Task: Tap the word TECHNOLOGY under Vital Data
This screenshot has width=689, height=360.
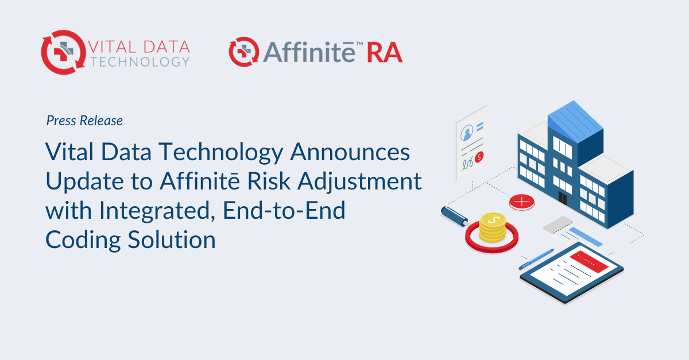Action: click(138, 61)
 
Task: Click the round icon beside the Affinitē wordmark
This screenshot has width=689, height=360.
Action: click(241, 52)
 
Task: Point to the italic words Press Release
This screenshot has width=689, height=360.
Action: click(84, 121)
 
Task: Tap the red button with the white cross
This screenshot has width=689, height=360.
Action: click(522, 202)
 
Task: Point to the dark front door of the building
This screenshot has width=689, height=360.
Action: click(563, 199)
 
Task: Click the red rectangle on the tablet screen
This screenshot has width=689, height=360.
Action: click(591, 262)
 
